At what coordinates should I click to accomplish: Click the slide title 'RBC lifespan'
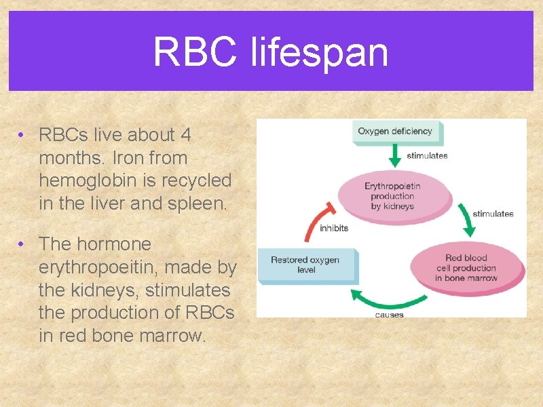pyautogui.click(x=270, y=52)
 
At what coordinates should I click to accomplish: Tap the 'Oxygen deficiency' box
pyautogui.click(x=396, y=132)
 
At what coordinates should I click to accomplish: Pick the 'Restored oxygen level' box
pyautogui.click(x=306, y=265)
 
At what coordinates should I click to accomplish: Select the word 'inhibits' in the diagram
pyautogui.click(x=334, y=228)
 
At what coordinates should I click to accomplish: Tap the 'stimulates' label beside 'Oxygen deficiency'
pyautogui.click(x=427, y=155)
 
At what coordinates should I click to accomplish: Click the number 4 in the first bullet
pyautogui.click(x=185, y=135)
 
